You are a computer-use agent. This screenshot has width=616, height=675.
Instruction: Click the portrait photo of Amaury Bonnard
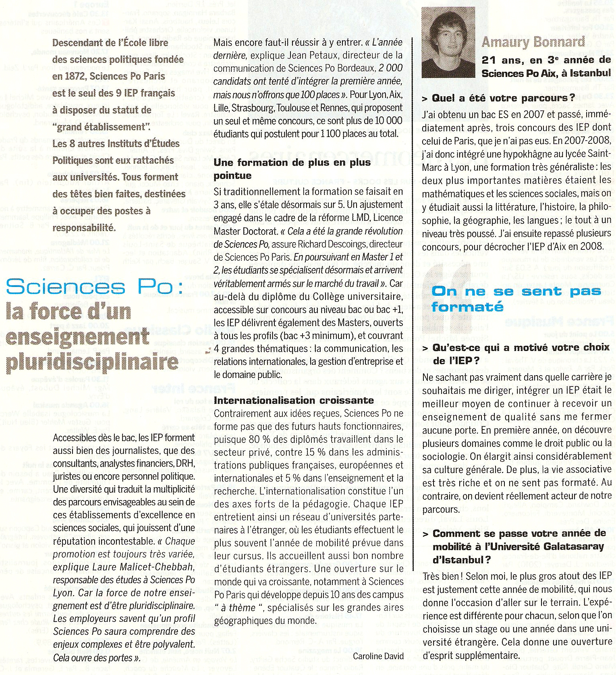pos(448,42)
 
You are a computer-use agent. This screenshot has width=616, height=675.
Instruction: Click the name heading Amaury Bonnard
pos(533,42)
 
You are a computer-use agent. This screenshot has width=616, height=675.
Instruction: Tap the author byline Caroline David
pos(378,656)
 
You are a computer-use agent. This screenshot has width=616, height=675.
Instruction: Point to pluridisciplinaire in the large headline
pos(92,362)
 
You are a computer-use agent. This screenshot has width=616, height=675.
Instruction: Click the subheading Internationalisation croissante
pos(294,400)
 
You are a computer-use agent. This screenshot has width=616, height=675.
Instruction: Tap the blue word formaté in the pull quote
pos(467,307)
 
